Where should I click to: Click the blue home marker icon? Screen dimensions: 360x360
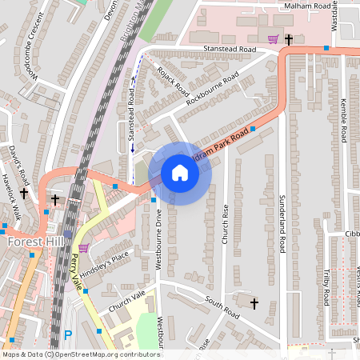click(180, 173)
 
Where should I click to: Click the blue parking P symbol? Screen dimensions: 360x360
click(68, 336)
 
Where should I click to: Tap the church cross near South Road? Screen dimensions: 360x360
click(254, 303)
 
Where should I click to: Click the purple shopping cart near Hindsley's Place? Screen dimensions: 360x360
click(83, 249)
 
